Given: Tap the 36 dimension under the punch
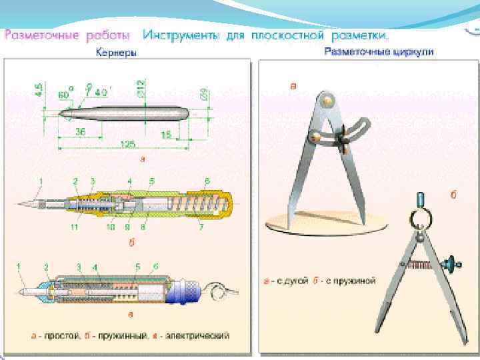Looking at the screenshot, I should pos(80,132).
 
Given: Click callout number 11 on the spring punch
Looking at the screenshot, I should pos(75,227).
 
